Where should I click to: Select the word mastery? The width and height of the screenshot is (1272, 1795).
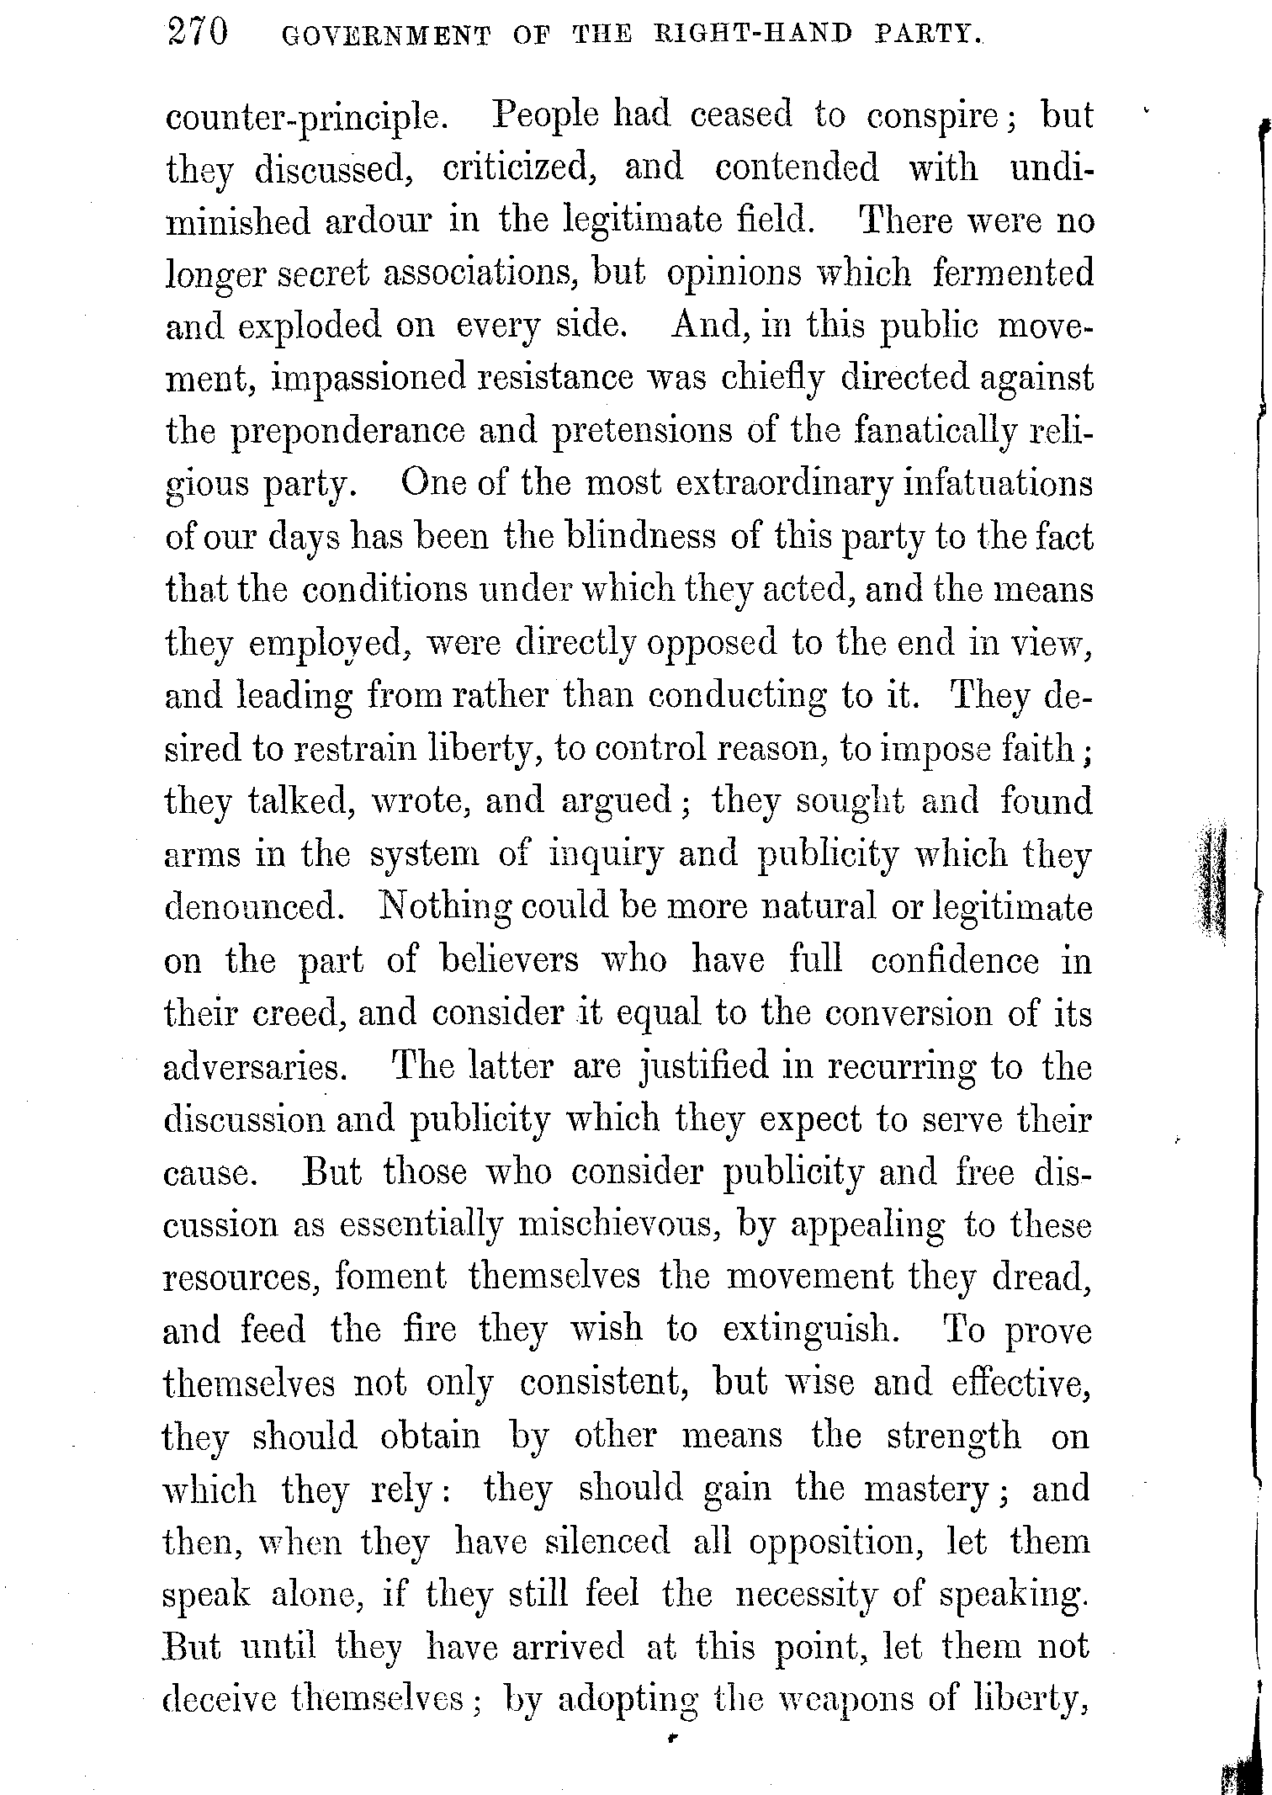coord(931,1490)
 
